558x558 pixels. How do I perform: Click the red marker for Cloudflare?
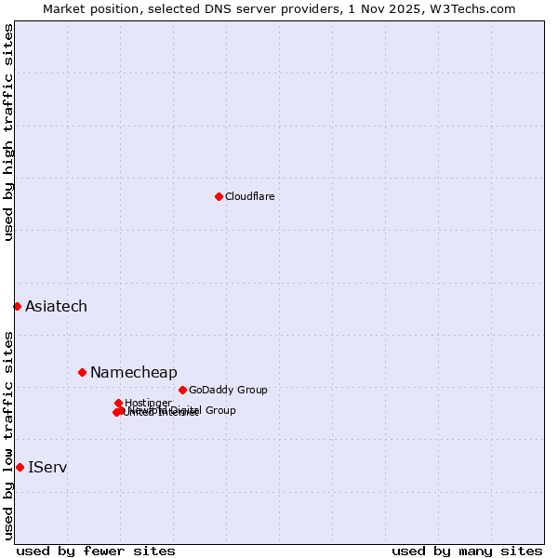coord(219,196)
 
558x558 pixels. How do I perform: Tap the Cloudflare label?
coord(249,196)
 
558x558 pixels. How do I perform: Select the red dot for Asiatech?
coord(17,306)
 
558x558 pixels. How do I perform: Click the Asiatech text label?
coord(56,306)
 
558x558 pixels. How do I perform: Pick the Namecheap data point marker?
coord(82,372)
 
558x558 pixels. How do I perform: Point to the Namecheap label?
coord(133,372)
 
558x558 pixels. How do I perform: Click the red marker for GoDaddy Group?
coord(182,390)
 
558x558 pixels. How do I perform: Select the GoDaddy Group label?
coord(228,390)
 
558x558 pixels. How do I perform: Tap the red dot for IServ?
coord(20,467)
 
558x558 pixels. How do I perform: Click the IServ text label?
coord(47,467)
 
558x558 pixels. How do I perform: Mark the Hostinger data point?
coord(118,403)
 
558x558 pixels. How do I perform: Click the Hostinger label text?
coord(148,403)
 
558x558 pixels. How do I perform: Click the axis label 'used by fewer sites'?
coord(96,551)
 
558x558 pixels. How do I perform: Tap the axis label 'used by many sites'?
coord(467,551)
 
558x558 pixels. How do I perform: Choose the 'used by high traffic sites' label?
coord(8,132)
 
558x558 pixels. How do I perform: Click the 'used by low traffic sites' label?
coord(8,434)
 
